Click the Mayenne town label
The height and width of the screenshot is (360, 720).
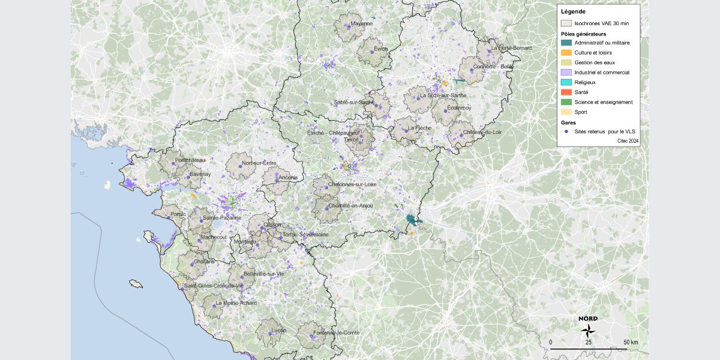coord(362,24)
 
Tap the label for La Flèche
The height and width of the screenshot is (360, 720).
coord(419,128)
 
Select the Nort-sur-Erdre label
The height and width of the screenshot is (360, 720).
coord(259,163)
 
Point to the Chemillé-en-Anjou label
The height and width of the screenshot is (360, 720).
coord(347,205)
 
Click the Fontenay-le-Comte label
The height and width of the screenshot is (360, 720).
coord(337,332)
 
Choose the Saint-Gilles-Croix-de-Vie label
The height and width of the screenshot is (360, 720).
coord(214,286)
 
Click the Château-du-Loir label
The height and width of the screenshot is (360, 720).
coord(481,132)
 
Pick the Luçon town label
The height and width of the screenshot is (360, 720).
coord(278,330)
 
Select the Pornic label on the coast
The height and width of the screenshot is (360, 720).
coord(178,214)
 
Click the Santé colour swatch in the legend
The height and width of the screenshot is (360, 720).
coord(566,92)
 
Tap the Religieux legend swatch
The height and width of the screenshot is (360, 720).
coord(566,82)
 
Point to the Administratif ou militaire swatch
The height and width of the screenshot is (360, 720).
coord(566,43)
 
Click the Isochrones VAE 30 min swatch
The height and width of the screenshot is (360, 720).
coord(566,23)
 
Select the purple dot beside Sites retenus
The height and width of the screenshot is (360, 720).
coord(566,131)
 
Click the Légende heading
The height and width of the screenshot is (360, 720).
coord(573,11)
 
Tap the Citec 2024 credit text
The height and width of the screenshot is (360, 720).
coord(628,140)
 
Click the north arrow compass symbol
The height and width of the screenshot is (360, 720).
coord(589,329)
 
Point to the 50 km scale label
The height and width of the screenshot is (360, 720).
coord(630,342)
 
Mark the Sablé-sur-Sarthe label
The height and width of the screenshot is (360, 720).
coord(355,103)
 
